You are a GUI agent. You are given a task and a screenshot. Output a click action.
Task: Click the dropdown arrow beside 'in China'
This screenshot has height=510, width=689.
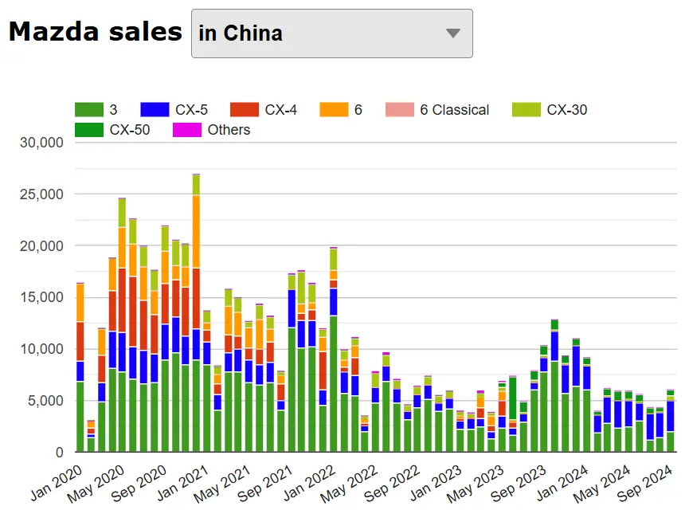453,33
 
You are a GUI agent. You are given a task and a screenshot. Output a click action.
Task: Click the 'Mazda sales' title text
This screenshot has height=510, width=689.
96,32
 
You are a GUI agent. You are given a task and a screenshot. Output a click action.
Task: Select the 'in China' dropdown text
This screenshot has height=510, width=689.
241,33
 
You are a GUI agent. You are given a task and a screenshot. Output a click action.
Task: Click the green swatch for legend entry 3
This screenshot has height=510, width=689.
88,110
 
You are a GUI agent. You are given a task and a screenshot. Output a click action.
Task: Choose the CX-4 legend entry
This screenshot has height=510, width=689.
281,110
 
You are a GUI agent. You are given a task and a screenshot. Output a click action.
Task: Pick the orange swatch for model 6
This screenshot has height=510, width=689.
333,110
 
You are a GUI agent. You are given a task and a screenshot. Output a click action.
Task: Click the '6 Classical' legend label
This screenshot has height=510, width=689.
454,110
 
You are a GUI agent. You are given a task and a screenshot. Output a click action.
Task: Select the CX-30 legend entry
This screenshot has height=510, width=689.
567,110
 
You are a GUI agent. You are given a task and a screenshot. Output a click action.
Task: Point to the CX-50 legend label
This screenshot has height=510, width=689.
130,130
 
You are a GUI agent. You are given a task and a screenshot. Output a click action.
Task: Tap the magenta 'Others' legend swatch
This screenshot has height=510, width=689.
187,130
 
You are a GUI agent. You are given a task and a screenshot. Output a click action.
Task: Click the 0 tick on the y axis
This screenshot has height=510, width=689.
59,453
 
